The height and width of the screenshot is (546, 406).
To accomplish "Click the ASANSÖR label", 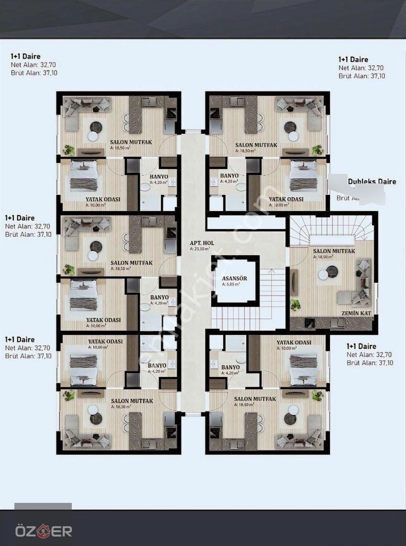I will [234, 278].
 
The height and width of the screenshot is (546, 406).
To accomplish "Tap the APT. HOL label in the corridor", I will [202, 243].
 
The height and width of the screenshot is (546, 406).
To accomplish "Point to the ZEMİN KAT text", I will [357, 313].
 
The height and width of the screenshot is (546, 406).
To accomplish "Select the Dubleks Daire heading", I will [372, 182].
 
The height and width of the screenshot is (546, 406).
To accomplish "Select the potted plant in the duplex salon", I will [295, 304].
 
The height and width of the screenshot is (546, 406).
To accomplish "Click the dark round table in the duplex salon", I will [332, 272].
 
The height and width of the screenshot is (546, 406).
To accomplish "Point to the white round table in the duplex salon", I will [323, 274].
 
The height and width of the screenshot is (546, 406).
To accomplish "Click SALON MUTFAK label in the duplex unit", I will [334, 251].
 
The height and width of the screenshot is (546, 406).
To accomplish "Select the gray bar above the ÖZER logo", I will [43, 506].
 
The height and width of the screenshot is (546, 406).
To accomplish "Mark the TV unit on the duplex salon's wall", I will [294, 283].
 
